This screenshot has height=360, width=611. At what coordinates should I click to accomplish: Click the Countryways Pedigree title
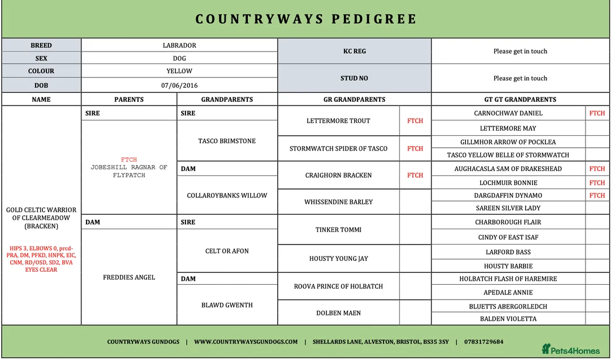(305, 19)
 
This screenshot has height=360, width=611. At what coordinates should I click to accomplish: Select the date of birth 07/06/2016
(179, 85)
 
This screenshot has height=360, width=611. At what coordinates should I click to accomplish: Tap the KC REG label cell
(354, 51)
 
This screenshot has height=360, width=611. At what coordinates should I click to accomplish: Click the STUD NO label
(354, 78)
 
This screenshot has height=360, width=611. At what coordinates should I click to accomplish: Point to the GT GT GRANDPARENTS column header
(520, 99)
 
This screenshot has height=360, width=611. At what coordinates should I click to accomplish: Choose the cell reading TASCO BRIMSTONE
(227, 141)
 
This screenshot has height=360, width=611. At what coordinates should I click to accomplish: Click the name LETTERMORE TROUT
(338, 121)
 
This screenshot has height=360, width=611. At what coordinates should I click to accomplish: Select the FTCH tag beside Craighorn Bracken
(415, 175)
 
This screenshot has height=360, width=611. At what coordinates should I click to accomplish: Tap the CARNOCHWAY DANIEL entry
(508, 113)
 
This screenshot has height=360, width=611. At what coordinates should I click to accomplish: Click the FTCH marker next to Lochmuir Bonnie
(597, 183)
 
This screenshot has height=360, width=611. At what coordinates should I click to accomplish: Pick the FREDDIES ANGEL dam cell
(129, 277)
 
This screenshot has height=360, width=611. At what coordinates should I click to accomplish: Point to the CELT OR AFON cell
(227, 251)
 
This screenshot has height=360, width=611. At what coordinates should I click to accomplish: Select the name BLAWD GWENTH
(227, 305)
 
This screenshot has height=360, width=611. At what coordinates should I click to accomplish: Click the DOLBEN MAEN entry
(338, 313)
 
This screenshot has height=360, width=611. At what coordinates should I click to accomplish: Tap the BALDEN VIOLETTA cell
(508, 319)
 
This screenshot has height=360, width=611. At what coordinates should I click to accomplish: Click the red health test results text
(41, 259)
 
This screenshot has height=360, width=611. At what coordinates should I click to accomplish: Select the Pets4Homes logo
(570, 349)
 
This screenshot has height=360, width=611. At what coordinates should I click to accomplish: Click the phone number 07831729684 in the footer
(484, 342)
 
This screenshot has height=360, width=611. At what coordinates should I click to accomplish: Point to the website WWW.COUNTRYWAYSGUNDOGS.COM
(246, 342)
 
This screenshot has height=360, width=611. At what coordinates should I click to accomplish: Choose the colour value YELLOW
(179, 71)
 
